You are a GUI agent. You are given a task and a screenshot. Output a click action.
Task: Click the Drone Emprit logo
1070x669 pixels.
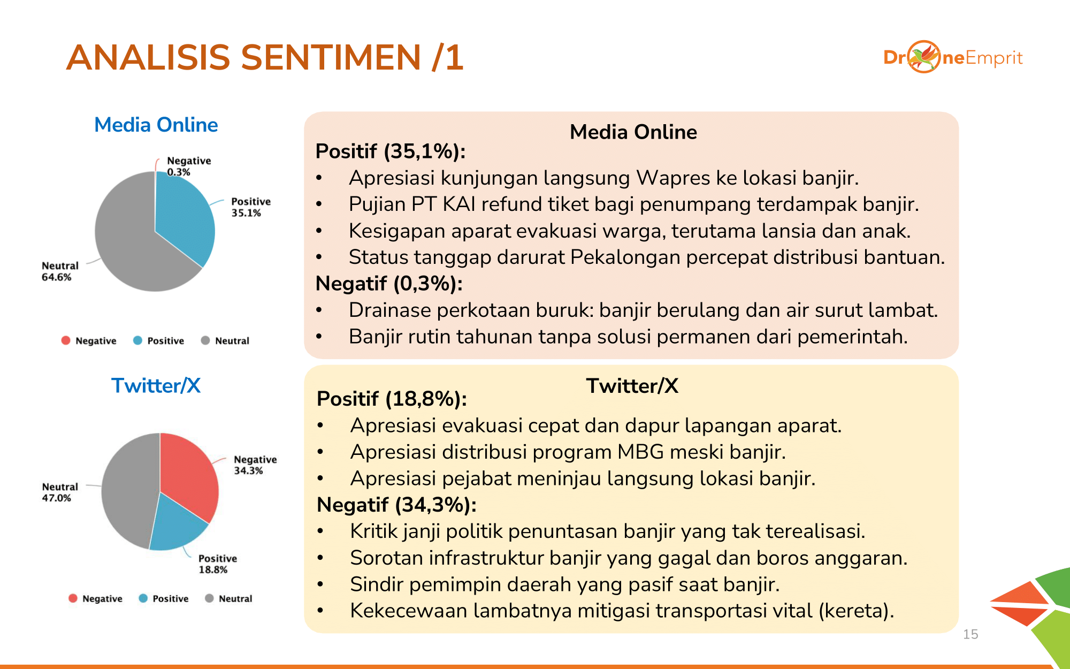[x=952, y=57]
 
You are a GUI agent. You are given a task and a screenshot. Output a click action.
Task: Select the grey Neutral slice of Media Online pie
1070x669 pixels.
[x=128, y=241]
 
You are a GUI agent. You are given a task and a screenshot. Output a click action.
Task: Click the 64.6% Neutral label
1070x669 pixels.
[x=59, y=271]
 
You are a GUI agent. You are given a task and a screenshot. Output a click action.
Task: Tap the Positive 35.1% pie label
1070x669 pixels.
[x=250, y=207]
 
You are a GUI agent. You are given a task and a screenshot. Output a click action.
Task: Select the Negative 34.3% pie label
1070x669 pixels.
[x=255, y=465]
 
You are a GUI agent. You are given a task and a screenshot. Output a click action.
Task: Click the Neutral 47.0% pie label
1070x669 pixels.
[x=59, y=492]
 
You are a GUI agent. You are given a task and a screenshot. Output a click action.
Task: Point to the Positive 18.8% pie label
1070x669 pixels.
[x=217, y=564]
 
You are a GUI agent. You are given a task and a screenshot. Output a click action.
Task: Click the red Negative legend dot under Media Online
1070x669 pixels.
[x=66, y=340]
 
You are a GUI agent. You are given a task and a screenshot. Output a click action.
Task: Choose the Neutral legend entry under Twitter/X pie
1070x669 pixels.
[x=229, y=598]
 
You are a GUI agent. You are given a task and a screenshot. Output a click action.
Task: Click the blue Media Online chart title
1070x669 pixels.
[x=156, y=125]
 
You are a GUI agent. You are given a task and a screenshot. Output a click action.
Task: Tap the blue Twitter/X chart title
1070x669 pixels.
[x=156, y=385]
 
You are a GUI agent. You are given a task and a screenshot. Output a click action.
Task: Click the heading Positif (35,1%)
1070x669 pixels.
[x=390, y=151]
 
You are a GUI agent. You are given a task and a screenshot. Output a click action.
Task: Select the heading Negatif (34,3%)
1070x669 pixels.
[x=396, y=505]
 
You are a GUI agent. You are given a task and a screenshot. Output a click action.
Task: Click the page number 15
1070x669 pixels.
[x=970, y=634]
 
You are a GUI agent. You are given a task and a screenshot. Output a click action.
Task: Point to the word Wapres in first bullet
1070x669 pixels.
[x=673, y=178]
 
